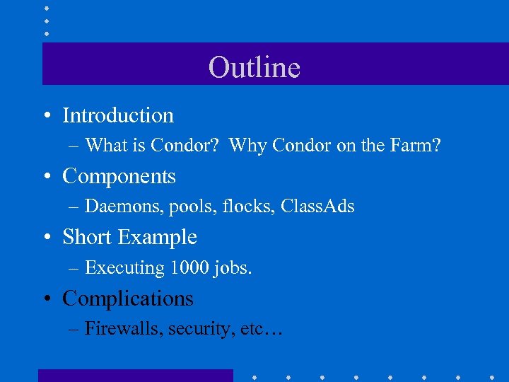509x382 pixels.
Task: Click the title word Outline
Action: point(255,67)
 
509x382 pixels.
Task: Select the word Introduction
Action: point(118,115)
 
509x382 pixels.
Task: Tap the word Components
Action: point(119,176)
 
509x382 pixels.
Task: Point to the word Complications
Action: point(127,299)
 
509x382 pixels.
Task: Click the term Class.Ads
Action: point(317,207)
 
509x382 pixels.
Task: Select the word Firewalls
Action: point(123,329)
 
